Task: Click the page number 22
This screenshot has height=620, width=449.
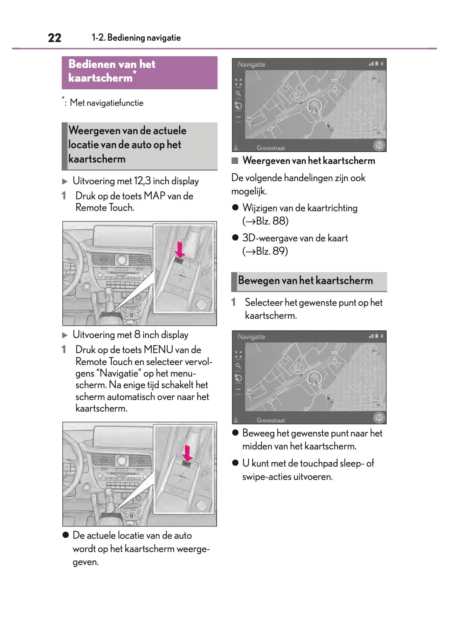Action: pyautogui.click(x=54, y=38)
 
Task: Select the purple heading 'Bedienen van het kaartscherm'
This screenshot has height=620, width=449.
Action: pyautogui.click(x=112, y=71)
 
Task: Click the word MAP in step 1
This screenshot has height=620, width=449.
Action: pyautogui.click(x=154, y=196)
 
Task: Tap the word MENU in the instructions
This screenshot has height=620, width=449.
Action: pyautogui.click(x=158, y=350)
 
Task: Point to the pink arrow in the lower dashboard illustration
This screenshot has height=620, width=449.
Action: pyautogui.click(x=187, y=453)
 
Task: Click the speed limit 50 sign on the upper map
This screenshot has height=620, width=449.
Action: pyautogui.click(x=379, y=145)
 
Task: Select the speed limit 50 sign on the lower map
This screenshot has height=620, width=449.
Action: pyautogui.click(x=379, y=417)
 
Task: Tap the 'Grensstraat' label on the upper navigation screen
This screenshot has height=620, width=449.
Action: pyautogui.click(x=271, y=148)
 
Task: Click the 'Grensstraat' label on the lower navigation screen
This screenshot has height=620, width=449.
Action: pyautogui.click(x=271, y=420)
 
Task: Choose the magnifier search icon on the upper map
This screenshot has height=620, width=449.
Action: pyautogui.click(x=238, y=94)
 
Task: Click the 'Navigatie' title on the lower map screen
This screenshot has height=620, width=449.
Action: pyautogui.click(x=251, y=337)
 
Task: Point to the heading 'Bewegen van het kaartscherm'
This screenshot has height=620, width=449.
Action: pyautogui.click(x=305, y=281)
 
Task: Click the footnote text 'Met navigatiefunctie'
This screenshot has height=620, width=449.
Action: pyautogui.click(x=106, y=103)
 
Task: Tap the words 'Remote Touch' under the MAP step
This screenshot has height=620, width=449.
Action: pyautogui.click(x=105, y=208)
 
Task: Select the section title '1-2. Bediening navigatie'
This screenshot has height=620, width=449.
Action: pyautogui.click(x=136, y=38)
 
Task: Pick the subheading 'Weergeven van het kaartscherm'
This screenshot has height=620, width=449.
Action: pyautogui.click(x=309, y=161)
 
